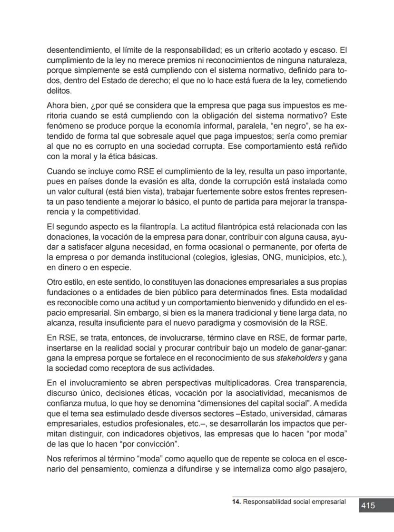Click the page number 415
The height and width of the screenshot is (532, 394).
368,506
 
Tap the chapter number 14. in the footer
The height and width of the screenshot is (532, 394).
236,502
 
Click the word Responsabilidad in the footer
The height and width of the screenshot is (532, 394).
266,502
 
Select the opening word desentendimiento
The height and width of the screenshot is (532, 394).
76,49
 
